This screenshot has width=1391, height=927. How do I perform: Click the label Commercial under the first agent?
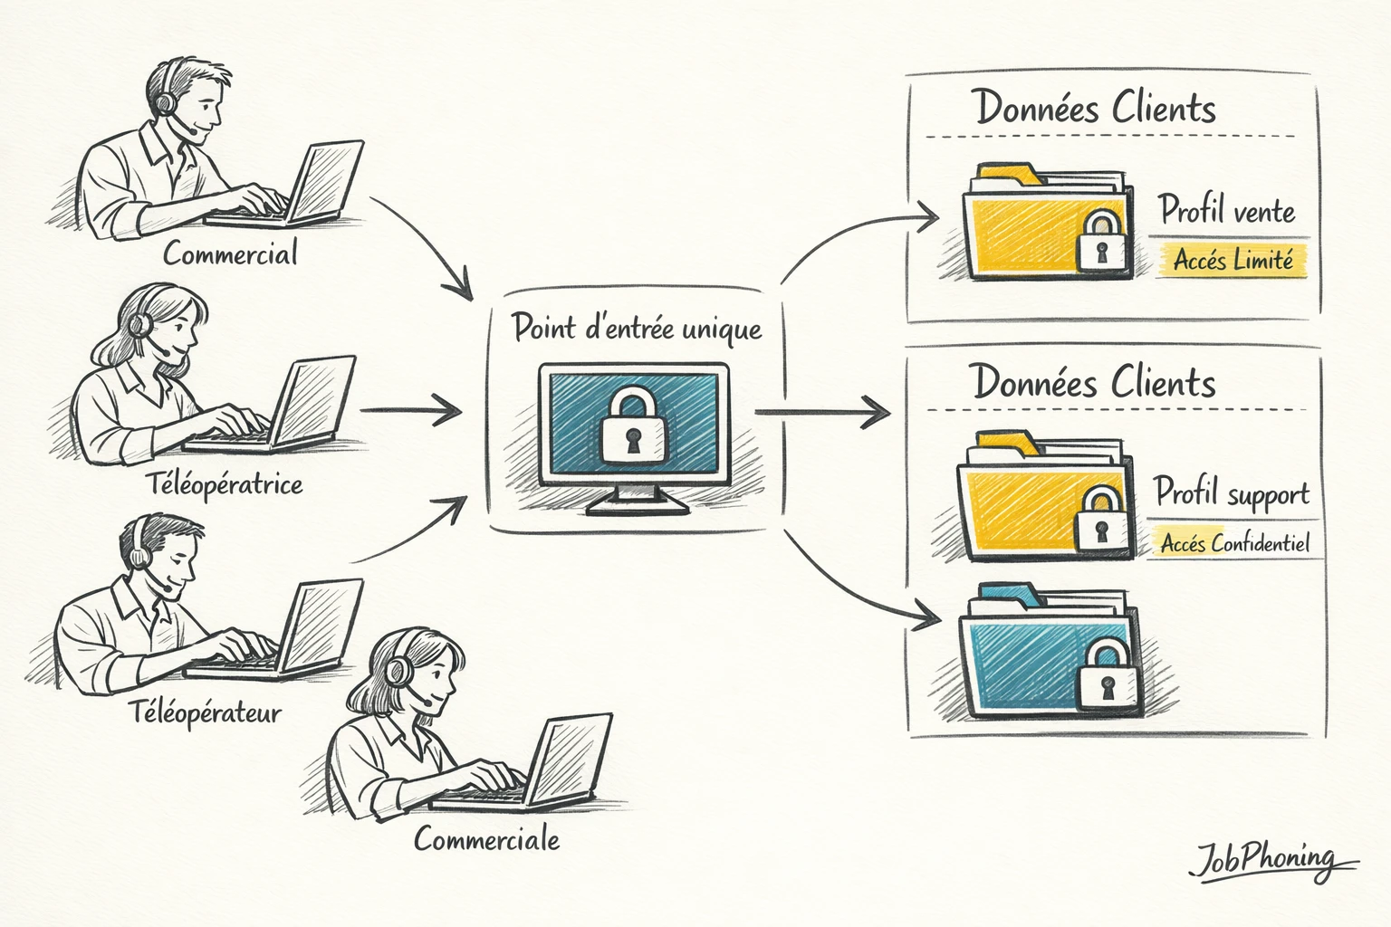click(x=230, y=253)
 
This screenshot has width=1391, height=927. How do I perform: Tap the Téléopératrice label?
click(x=225, y=484)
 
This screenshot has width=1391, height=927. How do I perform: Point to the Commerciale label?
click(x=486, y=839)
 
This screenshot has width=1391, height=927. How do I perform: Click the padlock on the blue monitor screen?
click(x=633, y=424)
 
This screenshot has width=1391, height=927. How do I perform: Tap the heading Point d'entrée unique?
click(x=637, y=328)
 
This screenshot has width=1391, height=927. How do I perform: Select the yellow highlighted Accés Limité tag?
click(x=1233, y=260)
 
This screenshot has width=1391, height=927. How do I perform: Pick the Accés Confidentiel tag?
click(x=1234, y=543)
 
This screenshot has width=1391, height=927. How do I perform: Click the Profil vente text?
click(x=1227, y=210)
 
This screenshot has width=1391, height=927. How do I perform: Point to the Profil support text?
click(x=1232, y=493)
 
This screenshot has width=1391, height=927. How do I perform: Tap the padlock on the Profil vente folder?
click(x=1101, y=241)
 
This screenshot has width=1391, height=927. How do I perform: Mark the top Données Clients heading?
click(x=1095, y=108)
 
